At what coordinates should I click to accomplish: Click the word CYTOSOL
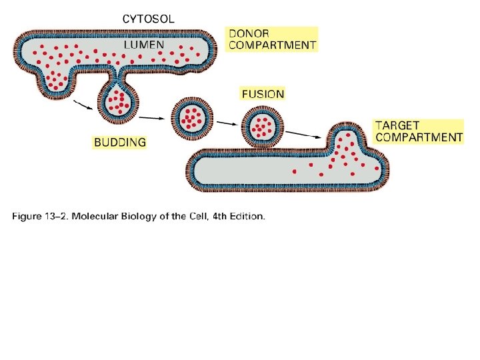click(x=148, y=19)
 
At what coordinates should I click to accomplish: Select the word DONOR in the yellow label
click(x=249, y=33)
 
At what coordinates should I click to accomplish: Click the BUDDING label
click(x=119, y=142)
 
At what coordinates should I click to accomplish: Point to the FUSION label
click(x=263, y=94)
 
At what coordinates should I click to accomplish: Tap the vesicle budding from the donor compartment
click(x=119, y=101)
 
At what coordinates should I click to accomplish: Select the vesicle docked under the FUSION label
click(x=262, y=125)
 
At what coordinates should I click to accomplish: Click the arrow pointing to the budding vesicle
click(x=82, y=104)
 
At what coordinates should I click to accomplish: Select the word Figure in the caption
click(x=29, y=216)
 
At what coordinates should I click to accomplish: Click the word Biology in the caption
click(x=144, y=216)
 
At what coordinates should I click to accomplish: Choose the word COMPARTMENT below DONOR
click(x=272, y=45)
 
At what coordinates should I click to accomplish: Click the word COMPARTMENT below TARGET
click(x=419, y=137)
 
